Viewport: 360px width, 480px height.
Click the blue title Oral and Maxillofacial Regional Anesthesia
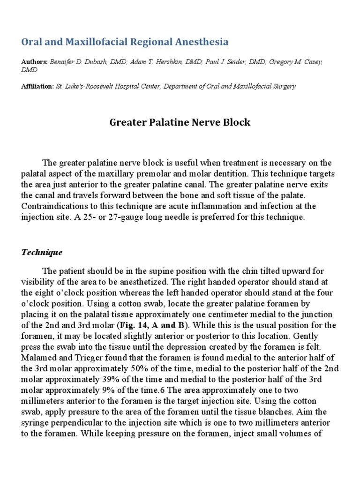(125, 42)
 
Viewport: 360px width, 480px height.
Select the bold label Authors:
(34, 62)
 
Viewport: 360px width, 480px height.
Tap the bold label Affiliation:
(37, 86)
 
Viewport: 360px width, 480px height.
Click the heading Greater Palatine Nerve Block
(180, 123)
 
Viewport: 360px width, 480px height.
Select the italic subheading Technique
(42, 252)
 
